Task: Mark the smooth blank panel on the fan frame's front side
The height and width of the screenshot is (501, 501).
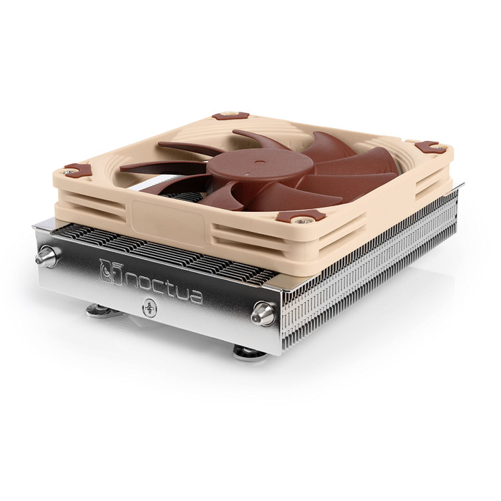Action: [168, 215]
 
